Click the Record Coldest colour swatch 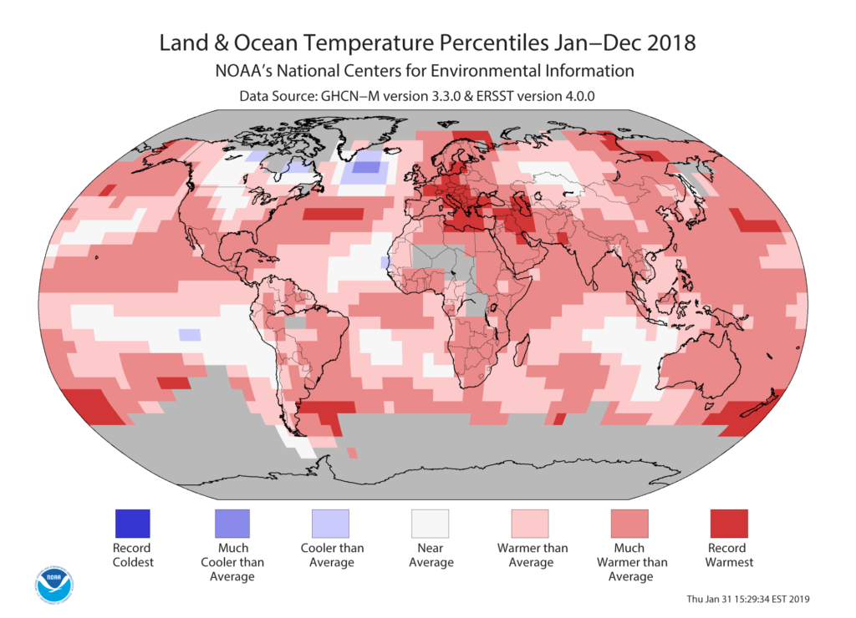(132, 524)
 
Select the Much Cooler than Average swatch (232, 524)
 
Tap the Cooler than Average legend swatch (330, 524)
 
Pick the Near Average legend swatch (430, 524)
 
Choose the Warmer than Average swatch (529, 524)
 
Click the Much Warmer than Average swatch (629, 524)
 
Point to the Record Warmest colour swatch (728, 524)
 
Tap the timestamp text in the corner (747, 599)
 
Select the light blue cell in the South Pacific (190, 335)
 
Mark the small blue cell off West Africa (385, 263)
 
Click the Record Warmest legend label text (728, 555)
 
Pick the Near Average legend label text (430, 555)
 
